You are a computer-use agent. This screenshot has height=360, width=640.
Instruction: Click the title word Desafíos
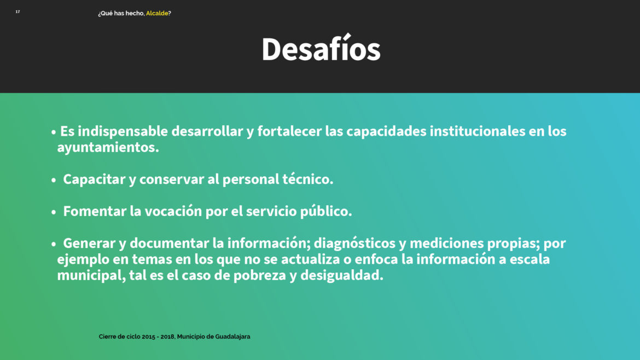(x=321, y=49)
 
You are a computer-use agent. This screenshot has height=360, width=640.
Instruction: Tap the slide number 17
(x=18, y=12)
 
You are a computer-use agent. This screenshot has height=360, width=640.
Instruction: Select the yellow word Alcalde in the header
(x=157, y=14)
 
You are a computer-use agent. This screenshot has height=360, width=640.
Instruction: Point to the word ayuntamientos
(x=108, y=147)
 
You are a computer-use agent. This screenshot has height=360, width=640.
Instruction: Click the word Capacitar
(x=94, y=179)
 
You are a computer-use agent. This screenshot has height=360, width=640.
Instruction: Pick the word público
(x=325, y=211)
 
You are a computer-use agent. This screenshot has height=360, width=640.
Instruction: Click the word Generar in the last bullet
(x=89, y=243)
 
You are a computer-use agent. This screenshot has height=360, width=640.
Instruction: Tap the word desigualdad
(x=342, y=276)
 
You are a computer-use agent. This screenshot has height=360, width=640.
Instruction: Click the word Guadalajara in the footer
(x=232, y=336)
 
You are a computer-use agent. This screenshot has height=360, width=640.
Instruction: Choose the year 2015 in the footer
(x=149, y=336)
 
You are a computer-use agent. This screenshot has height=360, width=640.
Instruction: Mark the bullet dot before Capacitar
(x=54, y=180)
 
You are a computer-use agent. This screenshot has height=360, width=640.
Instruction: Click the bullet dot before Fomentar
(x=54, y=212)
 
